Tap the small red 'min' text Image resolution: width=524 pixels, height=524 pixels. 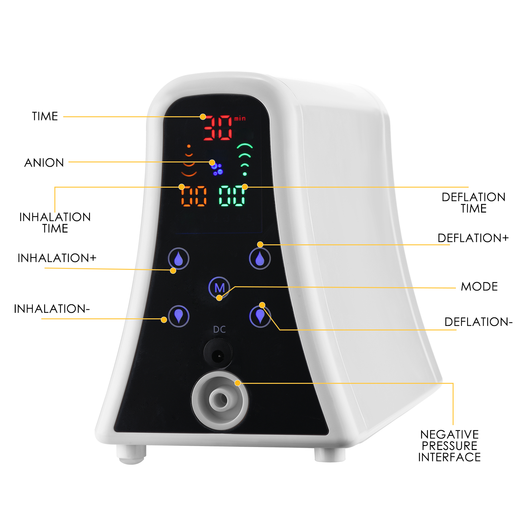[x=240, y=118]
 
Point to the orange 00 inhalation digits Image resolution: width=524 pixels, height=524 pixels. [x=194, y=196]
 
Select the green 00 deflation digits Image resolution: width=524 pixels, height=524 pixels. [x=232, y=196]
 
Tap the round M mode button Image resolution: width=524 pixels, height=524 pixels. [x=219, y=288]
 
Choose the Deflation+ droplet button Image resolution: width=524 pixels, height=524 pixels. [x=260, y=258]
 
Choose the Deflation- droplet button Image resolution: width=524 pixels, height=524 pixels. [x=260, y=316]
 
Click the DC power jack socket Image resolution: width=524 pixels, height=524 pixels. [x=218, y=354]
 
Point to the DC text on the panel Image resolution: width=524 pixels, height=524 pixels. [x=219, y=329]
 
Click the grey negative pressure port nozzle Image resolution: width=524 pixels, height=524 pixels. [x=220, y=400]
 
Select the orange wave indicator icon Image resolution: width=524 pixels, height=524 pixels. [x=189, y=160]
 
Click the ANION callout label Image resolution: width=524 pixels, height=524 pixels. [x=44, y=163]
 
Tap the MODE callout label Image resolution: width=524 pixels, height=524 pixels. [x=479, y=287]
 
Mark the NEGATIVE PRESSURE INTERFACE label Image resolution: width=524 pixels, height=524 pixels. [x=449, y=446]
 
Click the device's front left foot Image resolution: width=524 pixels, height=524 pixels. [x=131, y=454]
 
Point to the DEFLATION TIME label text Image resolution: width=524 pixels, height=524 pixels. [x=474, y=203]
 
